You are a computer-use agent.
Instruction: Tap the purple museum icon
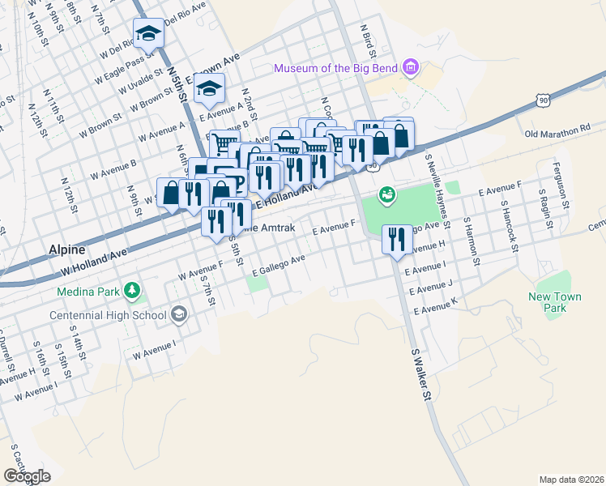click(x=410, y=67)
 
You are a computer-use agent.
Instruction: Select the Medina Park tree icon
click(x=130, y=291)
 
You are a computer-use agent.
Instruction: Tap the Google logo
click(x=27, y=476)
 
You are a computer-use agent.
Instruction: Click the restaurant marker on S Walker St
click(x=396, y=238)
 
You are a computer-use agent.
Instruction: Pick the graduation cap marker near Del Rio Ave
click(x=147, y=33)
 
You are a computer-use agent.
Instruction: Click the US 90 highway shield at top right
click(x=542, y=99)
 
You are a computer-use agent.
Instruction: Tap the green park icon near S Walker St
click(x=386, y=194)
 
